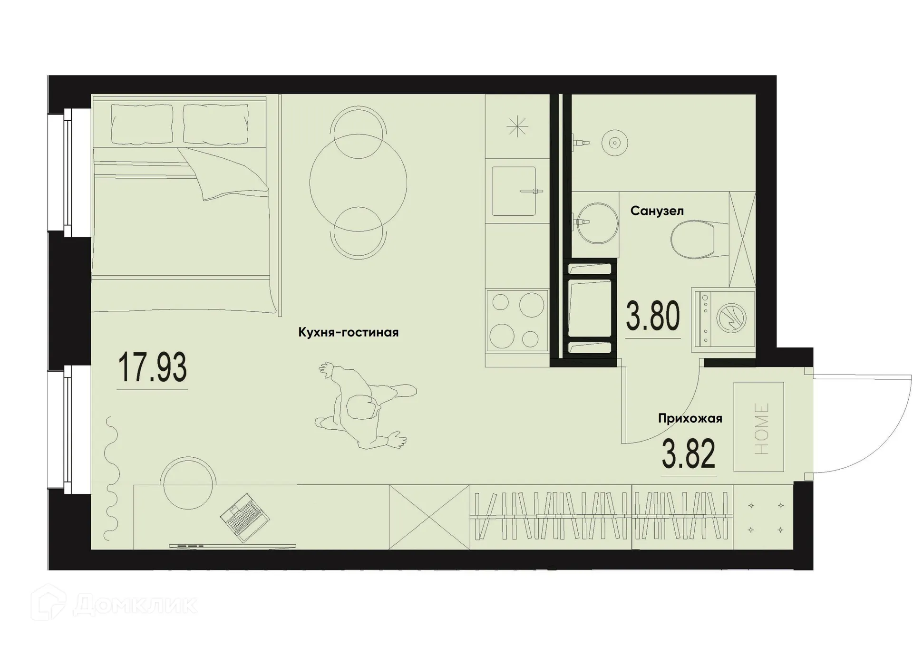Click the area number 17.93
[152, 367]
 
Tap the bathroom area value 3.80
[653, 316]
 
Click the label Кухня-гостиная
[348, 332]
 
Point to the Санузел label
[657, 211]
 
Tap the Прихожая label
[690, 418]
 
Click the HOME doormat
[758, 427]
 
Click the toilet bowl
[694, 240]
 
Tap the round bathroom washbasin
[596, 223]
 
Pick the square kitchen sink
[514, 191]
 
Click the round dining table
[358, 183]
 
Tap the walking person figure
[364, 407]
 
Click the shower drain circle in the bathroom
[614, 143]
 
